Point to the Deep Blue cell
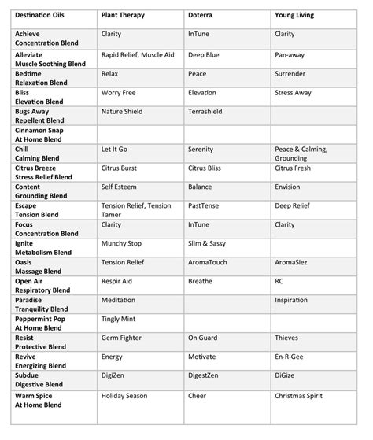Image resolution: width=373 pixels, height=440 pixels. (x=204, y=55)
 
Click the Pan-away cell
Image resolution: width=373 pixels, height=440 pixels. (x=290, y=55)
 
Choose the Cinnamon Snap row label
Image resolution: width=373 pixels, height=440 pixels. (x=43, y=131)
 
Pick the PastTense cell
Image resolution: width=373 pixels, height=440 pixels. (x=205, y=206)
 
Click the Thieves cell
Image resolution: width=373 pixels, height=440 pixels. (x=286, y=338)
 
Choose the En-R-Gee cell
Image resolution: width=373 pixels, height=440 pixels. (x=290, y=357)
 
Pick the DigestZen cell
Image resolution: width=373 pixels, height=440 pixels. (x=208, y=375)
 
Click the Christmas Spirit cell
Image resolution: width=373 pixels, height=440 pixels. (x=303, y=396)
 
